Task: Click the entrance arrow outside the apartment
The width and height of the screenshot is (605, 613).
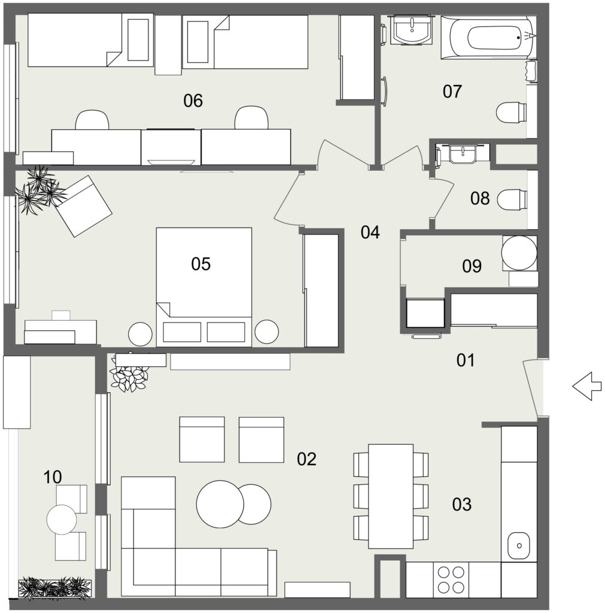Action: pyautogui.click(x=586, y=386)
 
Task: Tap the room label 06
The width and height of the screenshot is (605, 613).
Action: pyautogui.click(x=193, y=101)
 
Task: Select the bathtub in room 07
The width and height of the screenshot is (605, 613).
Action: pyautogui.click(x=488, y=38)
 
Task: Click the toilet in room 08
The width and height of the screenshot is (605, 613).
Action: pyautogui.click(x=512, y=199)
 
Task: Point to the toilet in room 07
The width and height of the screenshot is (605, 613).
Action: pyautogui.click(x=511, y=113)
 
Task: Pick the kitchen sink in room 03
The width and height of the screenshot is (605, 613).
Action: pyautogui.click(x=519, y=545)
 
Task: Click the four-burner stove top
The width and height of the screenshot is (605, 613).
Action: pyautogui.click(x=451, y=579)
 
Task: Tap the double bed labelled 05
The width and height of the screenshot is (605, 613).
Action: pyautogui.click(x=203, y=287)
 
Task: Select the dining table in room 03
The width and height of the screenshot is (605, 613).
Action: pyautogui.click(x=391, y=496)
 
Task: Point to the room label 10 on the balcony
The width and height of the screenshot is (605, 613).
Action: pyautogui.click(x=53, y=477)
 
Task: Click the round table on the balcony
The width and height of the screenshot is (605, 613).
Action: pyautogui.click(x=62, y=520)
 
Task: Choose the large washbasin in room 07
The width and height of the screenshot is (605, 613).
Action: pyautogui.click(x=412, y=30)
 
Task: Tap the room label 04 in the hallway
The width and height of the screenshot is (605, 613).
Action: pyautogui.click(x=370, y=232)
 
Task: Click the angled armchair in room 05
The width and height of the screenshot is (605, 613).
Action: pyautogui.click(x=83, y=206)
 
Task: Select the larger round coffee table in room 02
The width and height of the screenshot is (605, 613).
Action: pyautogui.click(x=220, y=504)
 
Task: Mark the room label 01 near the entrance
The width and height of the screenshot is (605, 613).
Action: pyautogui.click(x=466, y=360)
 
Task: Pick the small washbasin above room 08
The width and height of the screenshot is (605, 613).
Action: pyautogui.click(x=463, y=154)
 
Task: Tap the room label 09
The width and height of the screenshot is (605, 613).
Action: pyautogui.click(x=472, y=266)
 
